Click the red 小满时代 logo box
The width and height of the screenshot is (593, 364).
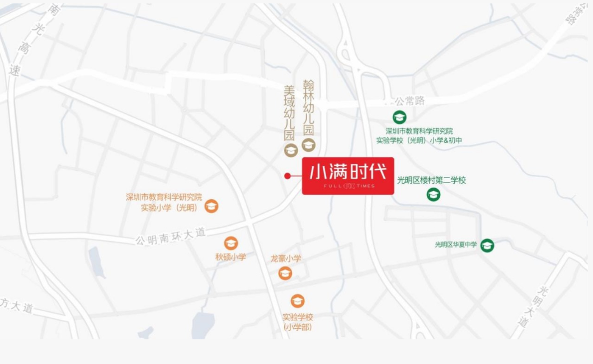[348, 176]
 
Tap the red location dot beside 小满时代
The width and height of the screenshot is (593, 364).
[288, 176]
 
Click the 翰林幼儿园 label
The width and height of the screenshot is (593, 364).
[308, 107]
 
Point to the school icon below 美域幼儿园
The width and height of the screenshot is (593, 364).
[290, 150]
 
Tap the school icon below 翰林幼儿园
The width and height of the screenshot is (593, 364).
[309, 145]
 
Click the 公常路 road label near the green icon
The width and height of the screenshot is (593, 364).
[410, 101]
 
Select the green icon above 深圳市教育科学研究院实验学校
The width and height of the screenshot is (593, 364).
[399, 117]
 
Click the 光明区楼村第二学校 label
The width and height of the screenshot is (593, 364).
[431, 180]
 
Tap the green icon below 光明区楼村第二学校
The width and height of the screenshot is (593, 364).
[434, 194]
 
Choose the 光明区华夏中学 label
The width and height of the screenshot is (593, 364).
[456, 245]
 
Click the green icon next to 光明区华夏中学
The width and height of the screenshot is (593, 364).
[488, 245]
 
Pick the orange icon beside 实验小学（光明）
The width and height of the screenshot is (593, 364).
[211, 207]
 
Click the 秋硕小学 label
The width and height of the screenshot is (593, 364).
[230, 257]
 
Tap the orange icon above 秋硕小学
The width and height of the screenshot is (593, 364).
[230, 243]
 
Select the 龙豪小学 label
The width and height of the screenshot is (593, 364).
[286, 258]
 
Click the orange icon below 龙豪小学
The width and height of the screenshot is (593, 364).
[285, 273]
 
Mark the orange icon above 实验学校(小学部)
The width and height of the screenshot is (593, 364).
[298, 301]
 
